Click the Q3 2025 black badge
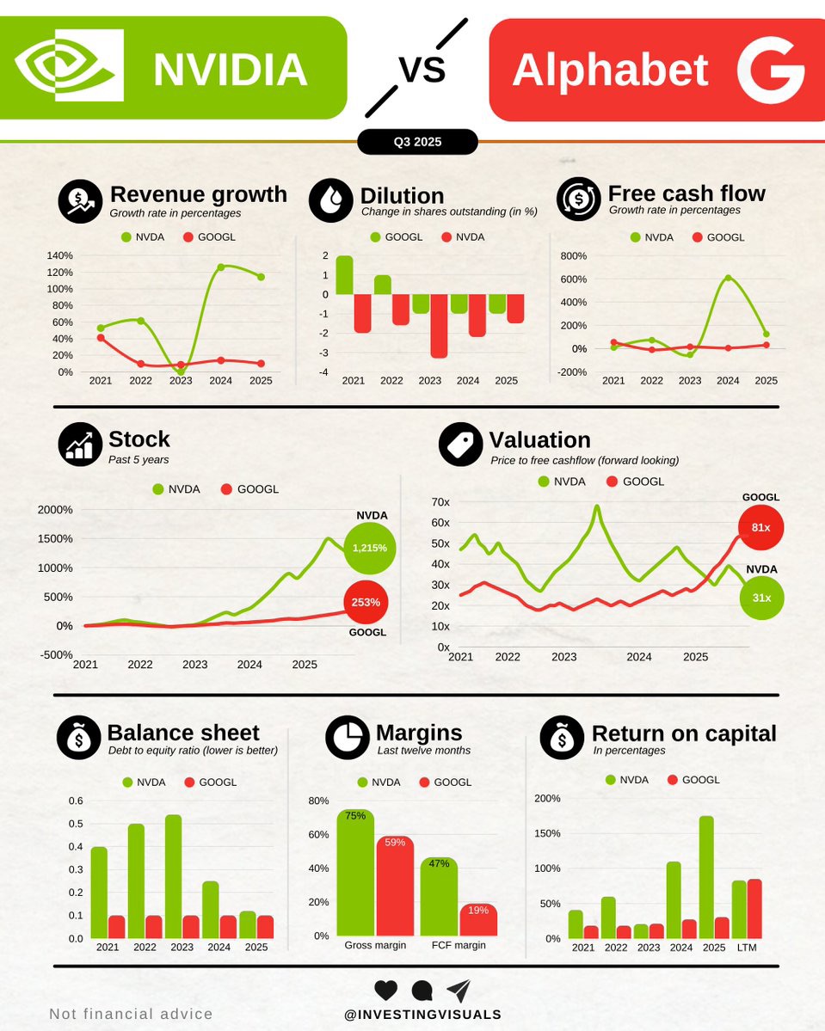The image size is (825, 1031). tap(417, 142)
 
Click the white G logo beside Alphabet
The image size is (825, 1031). tap(770, 70)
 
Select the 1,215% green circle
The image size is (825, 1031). tap(369, 548)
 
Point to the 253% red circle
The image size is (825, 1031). tap(366, 602)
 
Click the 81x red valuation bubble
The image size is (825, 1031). tap(761, 527)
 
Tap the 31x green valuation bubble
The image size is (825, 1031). tap(761, 598)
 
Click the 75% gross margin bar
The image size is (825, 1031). tap(354, 873)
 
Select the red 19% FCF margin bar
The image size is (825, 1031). tap(478, 920)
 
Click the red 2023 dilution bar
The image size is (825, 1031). tap(438, 326)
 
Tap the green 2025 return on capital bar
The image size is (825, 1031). tap(706, 877)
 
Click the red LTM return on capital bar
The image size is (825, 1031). tap(754, 909)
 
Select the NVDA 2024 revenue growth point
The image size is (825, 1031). tap(220, 267)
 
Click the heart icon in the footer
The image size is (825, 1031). tap(386, 990)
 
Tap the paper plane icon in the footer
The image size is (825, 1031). tap(459, 990)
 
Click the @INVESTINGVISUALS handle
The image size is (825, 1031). tap(422, 1015)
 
